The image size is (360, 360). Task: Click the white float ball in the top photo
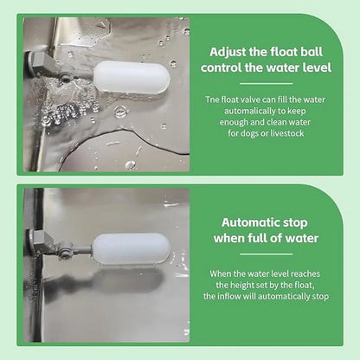point(132,77)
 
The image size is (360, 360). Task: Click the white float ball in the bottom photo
point(132,248)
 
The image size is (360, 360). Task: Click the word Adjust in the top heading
point(228,53)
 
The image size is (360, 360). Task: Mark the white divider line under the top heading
point(267,84)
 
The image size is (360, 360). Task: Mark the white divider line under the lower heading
point(267,254)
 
